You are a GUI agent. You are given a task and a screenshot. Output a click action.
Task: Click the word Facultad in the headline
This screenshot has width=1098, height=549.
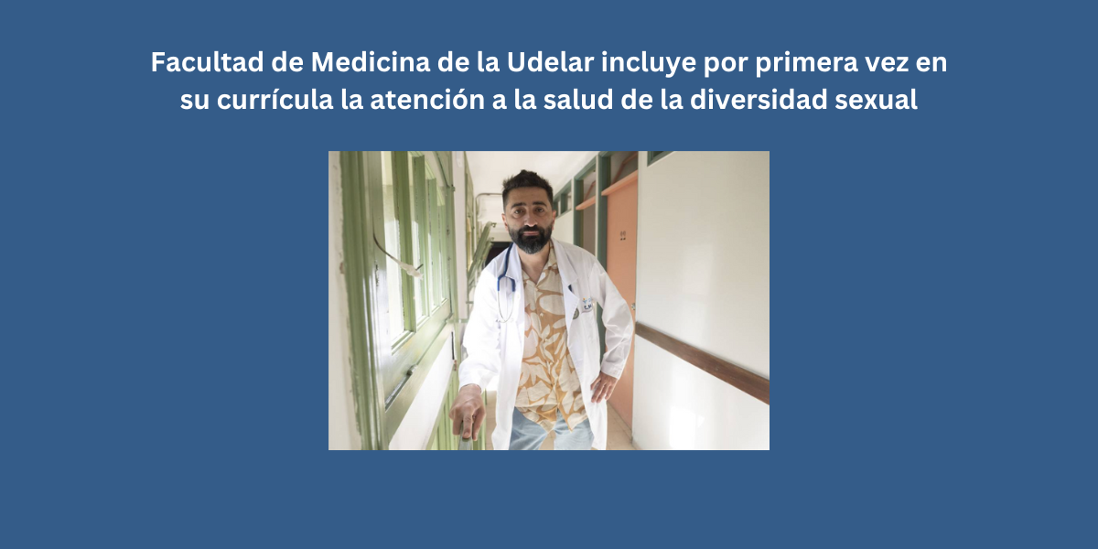208,62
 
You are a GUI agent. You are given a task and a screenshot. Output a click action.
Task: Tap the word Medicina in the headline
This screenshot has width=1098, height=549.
371,62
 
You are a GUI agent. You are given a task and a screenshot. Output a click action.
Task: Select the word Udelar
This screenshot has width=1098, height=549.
550,62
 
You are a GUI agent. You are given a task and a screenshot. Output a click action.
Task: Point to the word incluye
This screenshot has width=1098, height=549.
649,64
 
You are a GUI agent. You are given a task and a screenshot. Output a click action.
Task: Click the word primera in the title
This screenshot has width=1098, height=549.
807,64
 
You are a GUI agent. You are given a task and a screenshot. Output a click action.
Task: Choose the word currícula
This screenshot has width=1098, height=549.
275,100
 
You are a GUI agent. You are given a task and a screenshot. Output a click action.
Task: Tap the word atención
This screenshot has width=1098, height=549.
427,100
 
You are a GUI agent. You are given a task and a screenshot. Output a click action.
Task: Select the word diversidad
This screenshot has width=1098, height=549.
759,100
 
